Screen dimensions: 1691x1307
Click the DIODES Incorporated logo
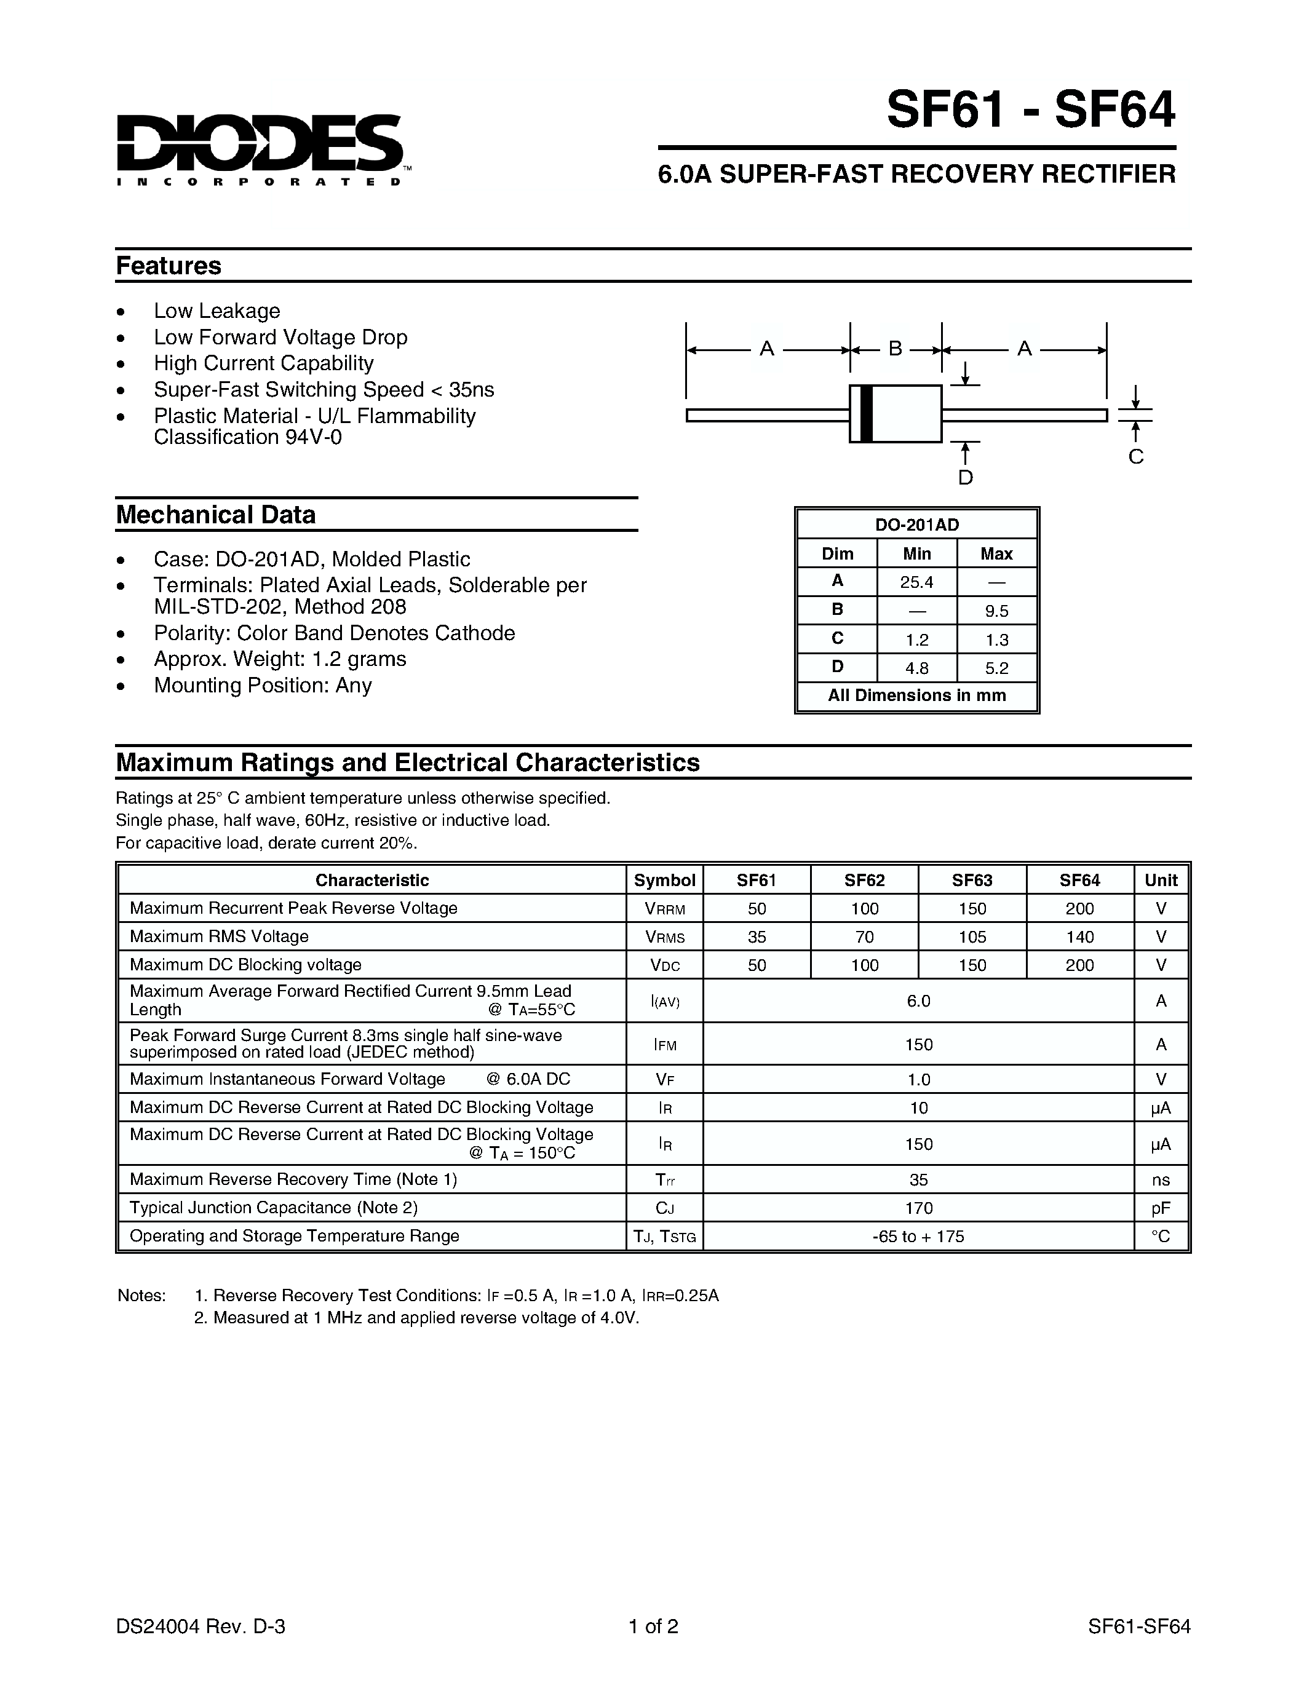click(x=260, y=149)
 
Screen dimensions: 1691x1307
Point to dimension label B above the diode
click(x=895, y=349)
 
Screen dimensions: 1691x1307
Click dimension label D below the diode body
click(x=965, y=478)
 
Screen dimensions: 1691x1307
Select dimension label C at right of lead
click(x=1136, y=457)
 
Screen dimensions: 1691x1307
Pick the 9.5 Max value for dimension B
click(x=996, y=611)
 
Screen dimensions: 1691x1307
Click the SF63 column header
click(x=972, y=881)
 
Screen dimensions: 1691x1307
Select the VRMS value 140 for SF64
click(x=1079, y=937)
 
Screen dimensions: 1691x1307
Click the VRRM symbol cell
click(x=664, y=909)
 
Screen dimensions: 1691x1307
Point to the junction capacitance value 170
click(x=918, y=1208)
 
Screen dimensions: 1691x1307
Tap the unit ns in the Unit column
click(x=1161, y=1180)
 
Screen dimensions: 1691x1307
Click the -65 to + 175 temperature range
click(x=918, y=1237)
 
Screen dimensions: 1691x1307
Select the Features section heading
click(x=169, y=266)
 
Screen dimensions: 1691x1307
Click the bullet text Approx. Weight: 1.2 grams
click(x=279, y=659)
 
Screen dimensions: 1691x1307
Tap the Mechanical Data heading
click(x=216, y=515)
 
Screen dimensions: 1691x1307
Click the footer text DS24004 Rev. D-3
click(x=201, y=1626)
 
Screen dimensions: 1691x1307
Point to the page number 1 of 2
click(x=653, y=1626)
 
